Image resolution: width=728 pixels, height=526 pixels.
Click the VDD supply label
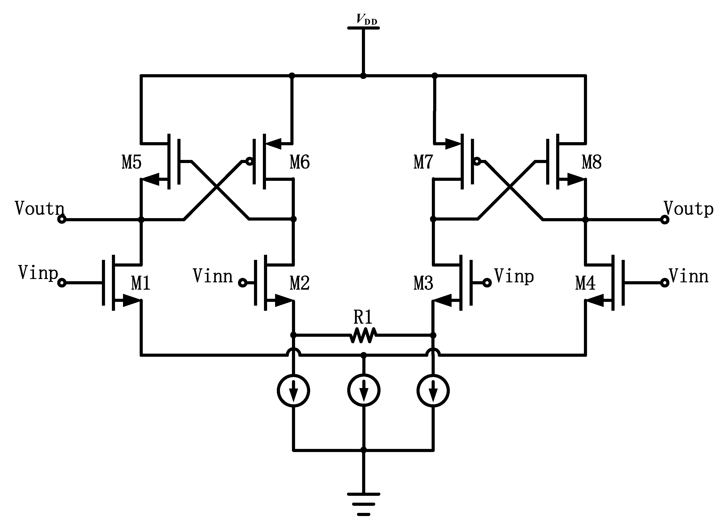point(367,20)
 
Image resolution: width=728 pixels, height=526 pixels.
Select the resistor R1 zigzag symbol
point(363,335)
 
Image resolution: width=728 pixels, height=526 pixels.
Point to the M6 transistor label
point(300,162)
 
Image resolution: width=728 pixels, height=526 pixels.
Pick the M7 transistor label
point(423,162)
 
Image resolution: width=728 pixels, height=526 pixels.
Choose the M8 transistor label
point(592,162)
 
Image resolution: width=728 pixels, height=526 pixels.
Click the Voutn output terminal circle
point(62,220)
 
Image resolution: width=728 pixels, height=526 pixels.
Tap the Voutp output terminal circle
point(665,220)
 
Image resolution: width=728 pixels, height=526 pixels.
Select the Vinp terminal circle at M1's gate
point(62,283)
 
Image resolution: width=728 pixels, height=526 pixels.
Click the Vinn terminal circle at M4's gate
point(665,283)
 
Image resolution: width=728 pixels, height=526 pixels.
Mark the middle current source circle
point(364,391)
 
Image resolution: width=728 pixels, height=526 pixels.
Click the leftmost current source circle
point(293,391)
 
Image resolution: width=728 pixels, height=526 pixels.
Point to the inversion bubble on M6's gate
point(249,161)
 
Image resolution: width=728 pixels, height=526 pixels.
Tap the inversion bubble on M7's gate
point(477,161)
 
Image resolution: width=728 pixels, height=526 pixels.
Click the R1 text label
point(363,317)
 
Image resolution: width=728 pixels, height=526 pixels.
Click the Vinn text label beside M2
point(212,276)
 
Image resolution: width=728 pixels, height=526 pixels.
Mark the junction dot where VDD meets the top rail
point(363,76)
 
